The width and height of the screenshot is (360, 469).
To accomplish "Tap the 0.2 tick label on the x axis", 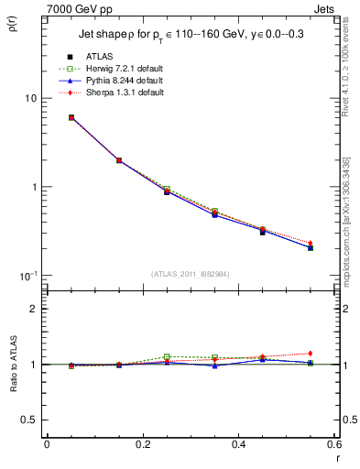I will coord(142,444).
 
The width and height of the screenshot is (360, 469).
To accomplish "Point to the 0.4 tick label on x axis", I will coord(237,444).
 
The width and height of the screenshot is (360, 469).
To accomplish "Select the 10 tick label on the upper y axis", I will coord(29,98).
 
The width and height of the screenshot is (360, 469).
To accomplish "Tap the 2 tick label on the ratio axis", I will coord(33,309).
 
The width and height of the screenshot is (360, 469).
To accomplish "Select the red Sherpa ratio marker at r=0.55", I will coord(310,354).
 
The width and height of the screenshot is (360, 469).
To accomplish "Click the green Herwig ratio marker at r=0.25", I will coord(167,356).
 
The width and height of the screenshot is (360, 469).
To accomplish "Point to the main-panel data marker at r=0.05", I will coord(71,117).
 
